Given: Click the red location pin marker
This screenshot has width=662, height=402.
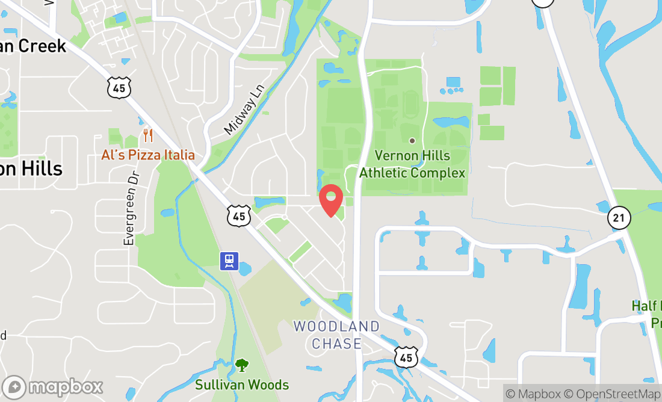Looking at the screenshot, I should tap(330, 200).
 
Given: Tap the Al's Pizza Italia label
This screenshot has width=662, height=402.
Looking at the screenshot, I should tap(148, 155).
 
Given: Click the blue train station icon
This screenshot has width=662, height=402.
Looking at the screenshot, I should tap(229, 261).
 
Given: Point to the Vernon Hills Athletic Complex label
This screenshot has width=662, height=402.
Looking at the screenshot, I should tap(412, 164).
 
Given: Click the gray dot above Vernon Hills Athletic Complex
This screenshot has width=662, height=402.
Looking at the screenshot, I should tap(412, 141).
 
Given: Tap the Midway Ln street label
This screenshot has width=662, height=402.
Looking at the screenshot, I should tap(244, 109).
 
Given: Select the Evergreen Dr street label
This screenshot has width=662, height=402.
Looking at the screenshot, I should tap(130, 208).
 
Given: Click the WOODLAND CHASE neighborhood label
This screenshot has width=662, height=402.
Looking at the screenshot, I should tap(336, 335).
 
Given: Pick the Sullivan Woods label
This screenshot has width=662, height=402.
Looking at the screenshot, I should tap(242, 385).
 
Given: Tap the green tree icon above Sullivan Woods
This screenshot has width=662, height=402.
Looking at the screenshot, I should tap(242, 365).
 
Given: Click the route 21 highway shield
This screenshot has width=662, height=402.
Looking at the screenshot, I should tap(619, 217).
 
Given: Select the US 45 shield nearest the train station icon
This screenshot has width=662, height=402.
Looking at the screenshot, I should tap(239, 215).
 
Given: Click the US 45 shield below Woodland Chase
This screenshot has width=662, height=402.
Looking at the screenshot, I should tap(407, 357).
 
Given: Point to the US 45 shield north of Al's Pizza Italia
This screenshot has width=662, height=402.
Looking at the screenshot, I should tap(119, 88).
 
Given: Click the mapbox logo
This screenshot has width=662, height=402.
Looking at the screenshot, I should tap(52, 386).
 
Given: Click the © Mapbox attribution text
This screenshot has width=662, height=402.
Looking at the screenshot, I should tap(532, 394).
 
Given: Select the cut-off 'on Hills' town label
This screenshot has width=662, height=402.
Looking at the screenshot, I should tap(31, 169).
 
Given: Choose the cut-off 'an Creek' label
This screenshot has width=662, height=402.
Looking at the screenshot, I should tap(32, 46).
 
